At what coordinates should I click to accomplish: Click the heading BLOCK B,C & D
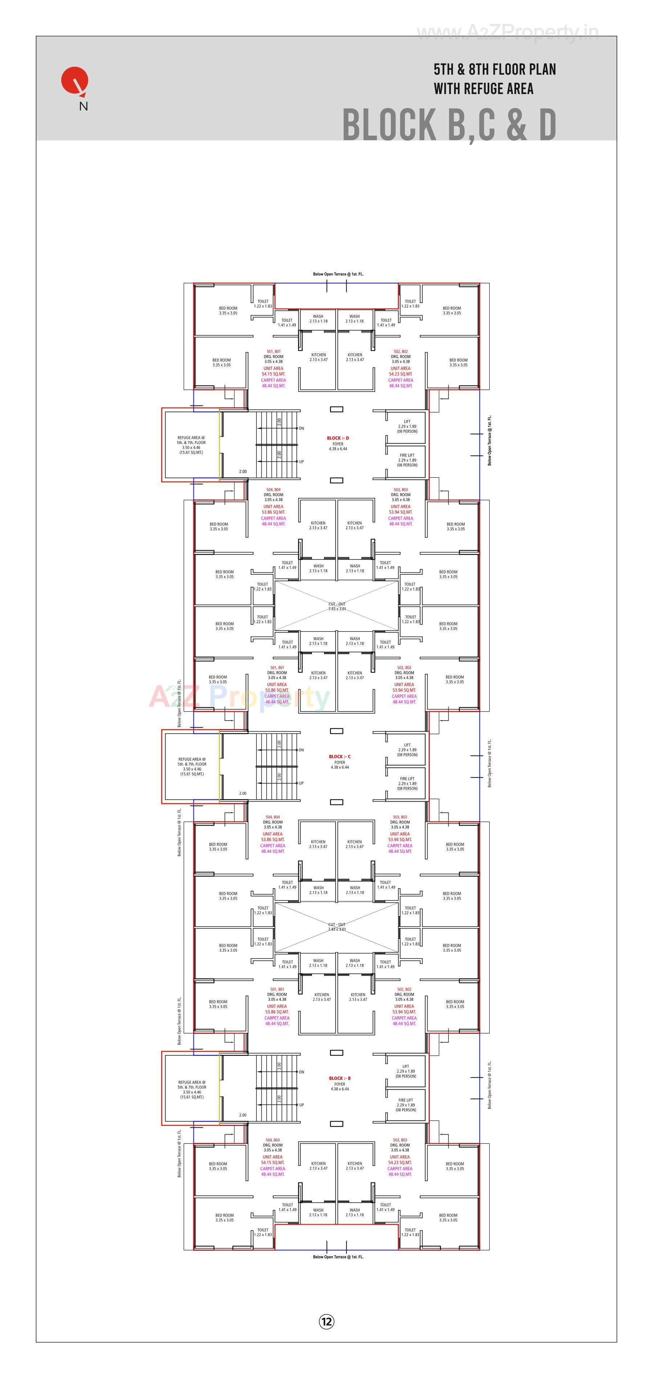coord(449,125)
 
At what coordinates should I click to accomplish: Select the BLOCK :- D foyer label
coord(338,438)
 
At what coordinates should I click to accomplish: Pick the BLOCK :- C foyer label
coord(339,756)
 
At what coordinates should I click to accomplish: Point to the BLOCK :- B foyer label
coord(339,1078)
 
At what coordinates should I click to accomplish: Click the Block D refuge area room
coord(191,445)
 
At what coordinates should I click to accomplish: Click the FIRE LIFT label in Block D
coord(407,455)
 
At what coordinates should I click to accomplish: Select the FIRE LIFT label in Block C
coord(407,779)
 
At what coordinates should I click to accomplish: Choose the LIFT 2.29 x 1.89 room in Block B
coord(406,1071)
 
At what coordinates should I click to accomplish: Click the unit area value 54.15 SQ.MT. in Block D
coord(273,374)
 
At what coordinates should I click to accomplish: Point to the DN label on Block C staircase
coord(301,750)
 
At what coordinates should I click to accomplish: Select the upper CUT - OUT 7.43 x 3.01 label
coord(337,606)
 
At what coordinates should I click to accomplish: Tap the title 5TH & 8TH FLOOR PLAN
coord(495,70)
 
